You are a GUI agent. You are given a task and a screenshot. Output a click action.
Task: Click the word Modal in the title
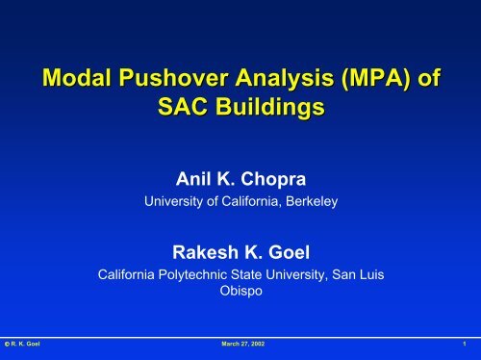[77, 77]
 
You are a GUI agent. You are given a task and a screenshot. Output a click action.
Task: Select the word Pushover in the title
[173, 77]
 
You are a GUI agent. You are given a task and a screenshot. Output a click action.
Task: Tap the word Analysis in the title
[285, 79]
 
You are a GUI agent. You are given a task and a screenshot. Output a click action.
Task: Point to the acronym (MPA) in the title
[376, 79]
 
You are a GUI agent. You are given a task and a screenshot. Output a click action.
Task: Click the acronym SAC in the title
[182, 106]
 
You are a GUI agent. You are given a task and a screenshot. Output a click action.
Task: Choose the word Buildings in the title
[269, 108]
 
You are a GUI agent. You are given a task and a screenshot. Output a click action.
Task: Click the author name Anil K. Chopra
[240, 179]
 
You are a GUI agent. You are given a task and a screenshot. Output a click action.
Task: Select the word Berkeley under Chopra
[312, 201]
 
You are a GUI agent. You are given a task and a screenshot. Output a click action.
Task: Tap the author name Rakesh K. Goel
[240, 252]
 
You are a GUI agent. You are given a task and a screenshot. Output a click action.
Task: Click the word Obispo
[240, 291]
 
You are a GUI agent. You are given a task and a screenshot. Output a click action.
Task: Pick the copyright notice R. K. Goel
[22, 344]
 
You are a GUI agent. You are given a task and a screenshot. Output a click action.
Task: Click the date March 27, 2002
[243, 344]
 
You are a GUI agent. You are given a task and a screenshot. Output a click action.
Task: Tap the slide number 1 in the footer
[465, 344]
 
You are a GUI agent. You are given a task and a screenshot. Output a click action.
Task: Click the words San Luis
[358, 274]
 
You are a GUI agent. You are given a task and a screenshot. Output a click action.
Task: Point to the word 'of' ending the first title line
[429, 77]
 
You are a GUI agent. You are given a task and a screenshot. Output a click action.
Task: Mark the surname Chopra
[273, 180]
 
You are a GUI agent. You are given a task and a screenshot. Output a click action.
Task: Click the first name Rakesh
[205, 252]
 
